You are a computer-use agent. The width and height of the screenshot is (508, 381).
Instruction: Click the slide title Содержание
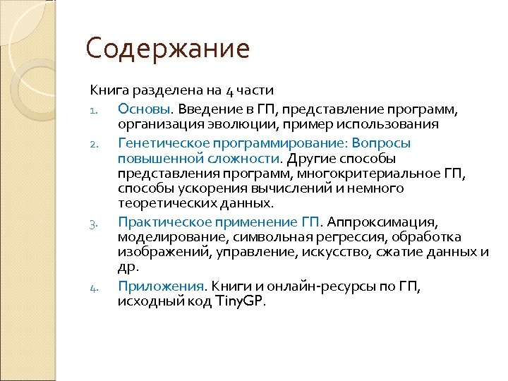point(168,49)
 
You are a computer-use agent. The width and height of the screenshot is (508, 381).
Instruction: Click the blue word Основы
point(145,109)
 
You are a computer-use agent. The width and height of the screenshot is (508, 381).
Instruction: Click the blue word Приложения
point(160,286)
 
